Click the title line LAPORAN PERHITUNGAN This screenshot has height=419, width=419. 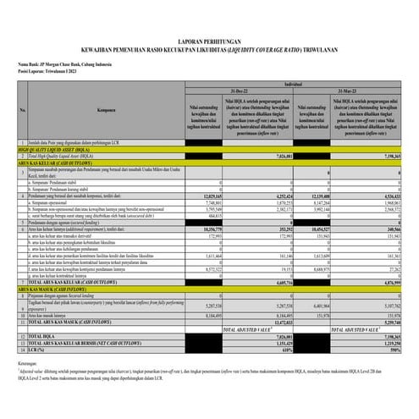[208, 40]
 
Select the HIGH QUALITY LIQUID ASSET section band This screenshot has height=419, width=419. [59, 150]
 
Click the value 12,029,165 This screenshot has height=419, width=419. [208, 196]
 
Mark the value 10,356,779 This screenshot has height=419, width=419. [208, 229]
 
